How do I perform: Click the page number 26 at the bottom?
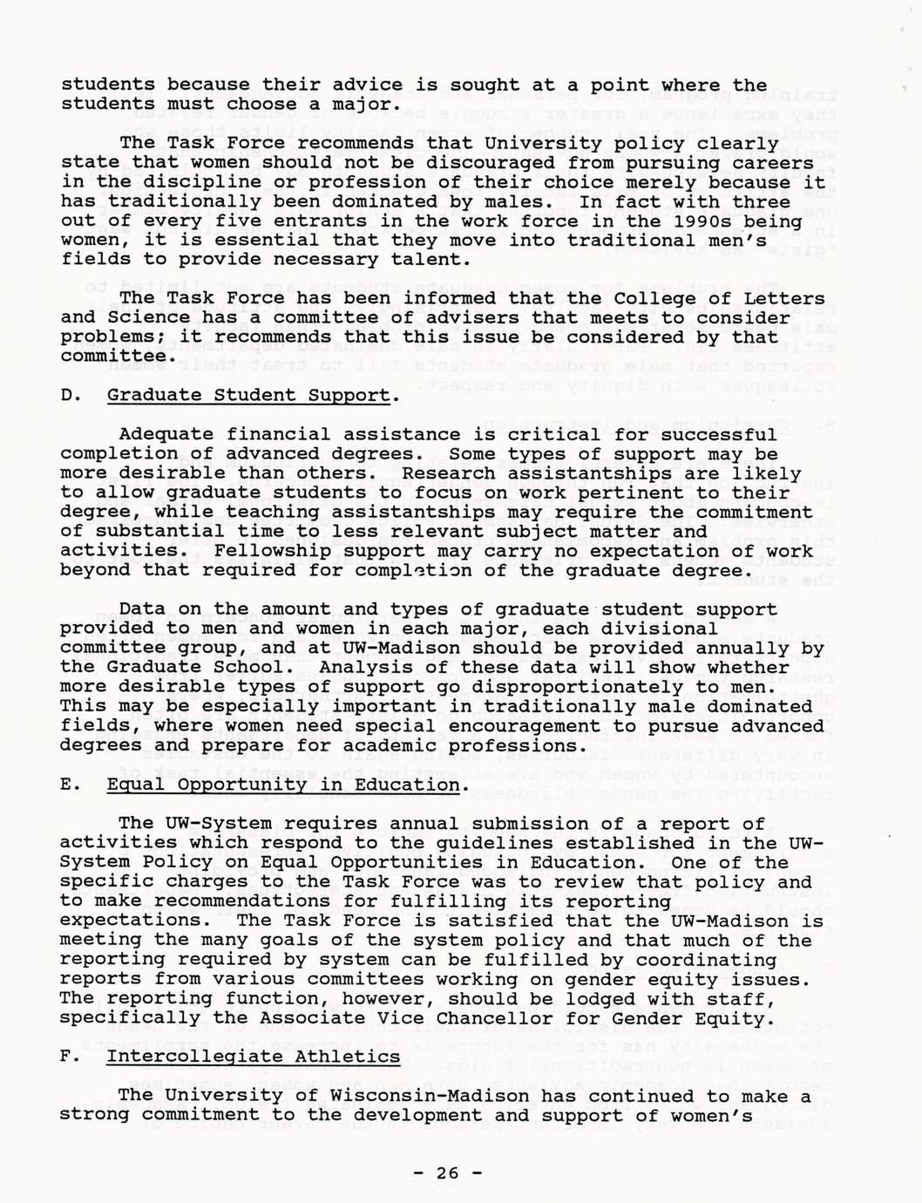click(x=447, y=1172)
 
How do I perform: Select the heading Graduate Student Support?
click(x=248, y=395)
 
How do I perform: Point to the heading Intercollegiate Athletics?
click(x=254, y=1057)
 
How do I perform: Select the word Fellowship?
click(x=270, y=551)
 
